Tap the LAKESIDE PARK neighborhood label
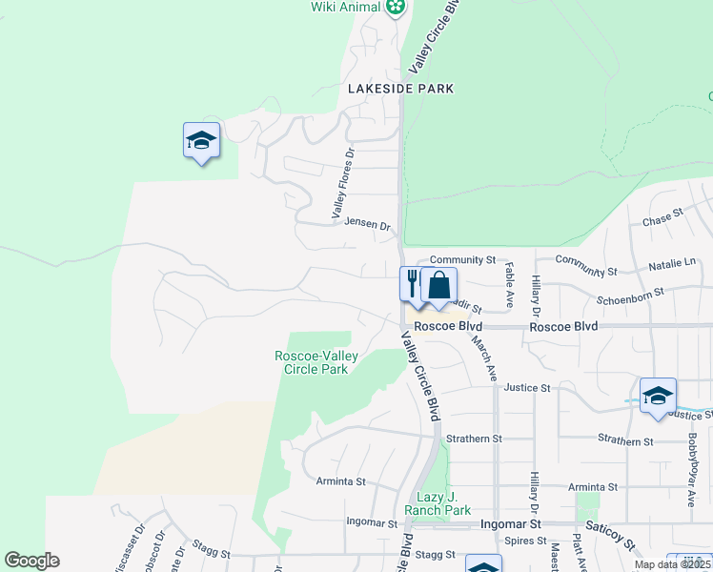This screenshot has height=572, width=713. (400, 89)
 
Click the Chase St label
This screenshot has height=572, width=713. (663, 220)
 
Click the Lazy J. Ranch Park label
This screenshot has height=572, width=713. (444, 503)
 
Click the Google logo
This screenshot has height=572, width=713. (31, 561)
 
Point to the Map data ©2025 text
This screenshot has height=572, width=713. (671, 564)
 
